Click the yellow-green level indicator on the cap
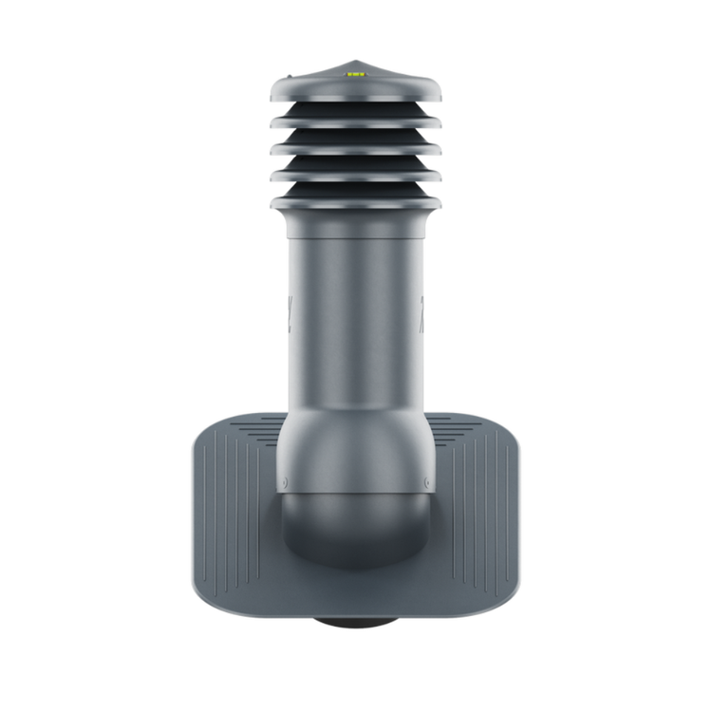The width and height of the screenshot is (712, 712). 355,72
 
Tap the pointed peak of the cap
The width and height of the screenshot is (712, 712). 355,62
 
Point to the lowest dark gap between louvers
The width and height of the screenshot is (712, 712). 355,189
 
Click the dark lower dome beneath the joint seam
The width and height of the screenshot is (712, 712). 355,527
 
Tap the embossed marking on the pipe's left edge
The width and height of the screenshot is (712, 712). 290,309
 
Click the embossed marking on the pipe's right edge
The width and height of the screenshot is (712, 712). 422,309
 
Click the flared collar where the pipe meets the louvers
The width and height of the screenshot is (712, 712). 355,223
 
